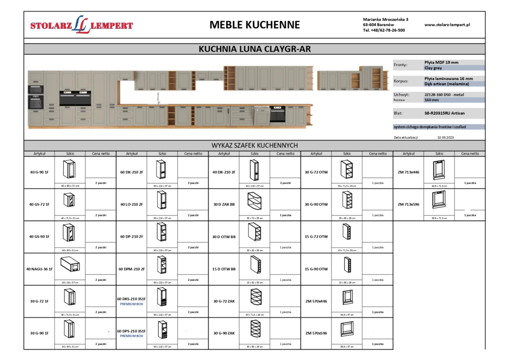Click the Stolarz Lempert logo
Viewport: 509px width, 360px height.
82,25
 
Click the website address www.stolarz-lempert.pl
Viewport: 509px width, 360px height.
447,24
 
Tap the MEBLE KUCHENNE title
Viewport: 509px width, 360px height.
254,25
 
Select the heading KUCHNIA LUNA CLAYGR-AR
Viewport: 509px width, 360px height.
254,49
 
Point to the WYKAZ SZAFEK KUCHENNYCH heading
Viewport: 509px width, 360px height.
254,145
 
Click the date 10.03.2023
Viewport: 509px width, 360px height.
446,137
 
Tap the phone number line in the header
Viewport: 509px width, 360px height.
384,30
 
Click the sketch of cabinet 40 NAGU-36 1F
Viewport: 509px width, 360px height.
70,266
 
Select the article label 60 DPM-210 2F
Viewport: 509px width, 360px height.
131,269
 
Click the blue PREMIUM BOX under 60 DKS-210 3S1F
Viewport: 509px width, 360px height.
131,304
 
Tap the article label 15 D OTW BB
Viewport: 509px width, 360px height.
224,269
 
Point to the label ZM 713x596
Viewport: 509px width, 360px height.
408,204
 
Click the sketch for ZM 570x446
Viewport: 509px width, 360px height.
347,298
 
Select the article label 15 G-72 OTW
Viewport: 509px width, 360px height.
316,236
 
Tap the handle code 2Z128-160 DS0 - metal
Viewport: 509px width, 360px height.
445,93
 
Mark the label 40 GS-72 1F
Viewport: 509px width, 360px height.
39,204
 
